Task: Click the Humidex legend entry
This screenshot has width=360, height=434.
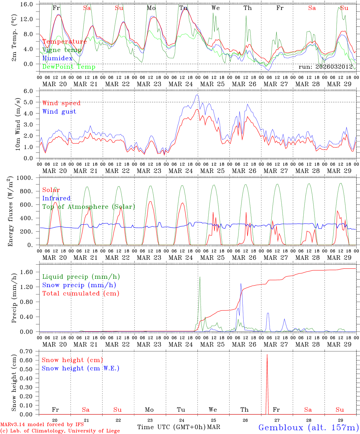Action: pyautogui.click(x=57, y=58)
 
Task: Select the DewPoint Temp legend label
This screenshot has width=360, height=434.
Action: pyautogui.click(x=69, y=67)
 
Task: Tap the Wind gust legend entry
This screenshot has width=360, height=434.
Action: pyautogui.click(x=59, y=112)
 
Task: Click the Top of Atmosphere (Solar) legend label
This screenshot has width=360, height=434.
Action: pyautogui.click(x=88, y=207)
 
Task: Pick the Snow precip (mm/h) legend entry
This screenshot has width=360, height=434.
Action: pyautogui.click(x=79, y=285)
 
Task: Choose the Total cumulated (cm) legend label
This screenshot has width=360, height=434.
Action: pyautogui.click(x=81, y=293)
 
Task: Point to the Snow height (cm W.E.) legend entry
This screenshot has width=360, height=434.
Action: pyautogui.click(x=80, y=368)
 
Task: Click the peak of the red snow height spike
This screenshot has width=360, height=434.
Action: pyautogui.click(x=267, y=354)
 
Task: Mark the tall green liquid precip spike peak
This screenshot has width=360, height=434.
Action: pyautogui.click(x=200, y=277)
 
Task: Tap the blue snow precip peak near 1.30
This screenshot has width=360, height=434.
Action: pyautogui.click(x=241, y=283)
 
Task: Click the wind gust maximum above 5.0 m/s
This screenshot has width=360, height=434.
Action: pyautogui.click(x=197, y=95)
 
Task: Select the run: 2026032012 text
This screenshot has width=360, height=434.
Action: pyautogui.click(x=325, y=67)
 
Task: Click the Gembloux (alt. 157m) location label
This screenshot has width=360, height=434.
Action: pyautogui.click(x=308, y=427)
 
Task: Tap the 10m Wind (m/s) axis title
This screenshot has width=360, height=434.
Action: pyautogui.click(x=18, y=124)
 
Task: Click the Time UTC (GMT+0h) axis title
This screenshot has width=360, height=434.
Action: pyautogui.click(x=171, y=427)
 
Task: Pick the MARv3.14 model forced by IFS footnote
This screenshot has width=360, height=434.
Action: pyautogui.click(x=42, y=425)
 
